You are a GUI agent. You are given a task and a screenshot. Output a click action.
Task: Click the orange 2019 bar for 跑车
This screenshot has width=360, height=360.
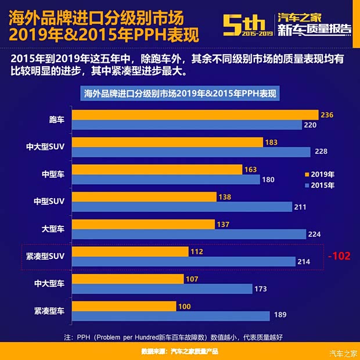[x=195, y=115]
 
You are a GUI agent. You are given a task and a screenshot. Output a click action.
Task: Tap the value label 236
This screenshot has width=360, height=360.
[x=327, y=115]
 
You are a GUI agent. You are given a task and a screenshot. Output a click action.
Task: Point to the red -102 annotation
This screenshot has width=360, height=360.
[x=339, y=256]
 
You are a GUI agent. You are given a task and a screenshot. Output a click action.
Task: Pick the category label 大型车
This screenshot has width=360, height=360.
[x=56, y=229]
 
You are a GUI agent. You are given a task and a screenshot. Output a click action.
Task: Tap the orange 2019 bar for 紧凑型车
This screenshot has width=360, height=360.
[x=124, y=306]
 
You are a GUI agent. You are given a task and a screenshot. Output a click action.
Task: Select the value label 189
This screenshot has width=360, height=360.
[x=280, y=316]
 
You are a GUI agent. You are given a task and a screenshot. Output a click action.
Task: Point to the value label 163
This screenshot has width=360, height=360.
[x=251, y=170]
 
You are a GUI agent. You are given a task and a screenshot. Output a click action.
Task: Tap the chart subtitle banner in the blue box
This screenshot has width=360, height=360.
[x=179, y=93]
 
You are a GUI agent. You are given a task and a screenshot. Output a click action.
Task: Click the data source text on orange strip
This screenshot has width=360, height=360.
[x=179, y=351]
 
